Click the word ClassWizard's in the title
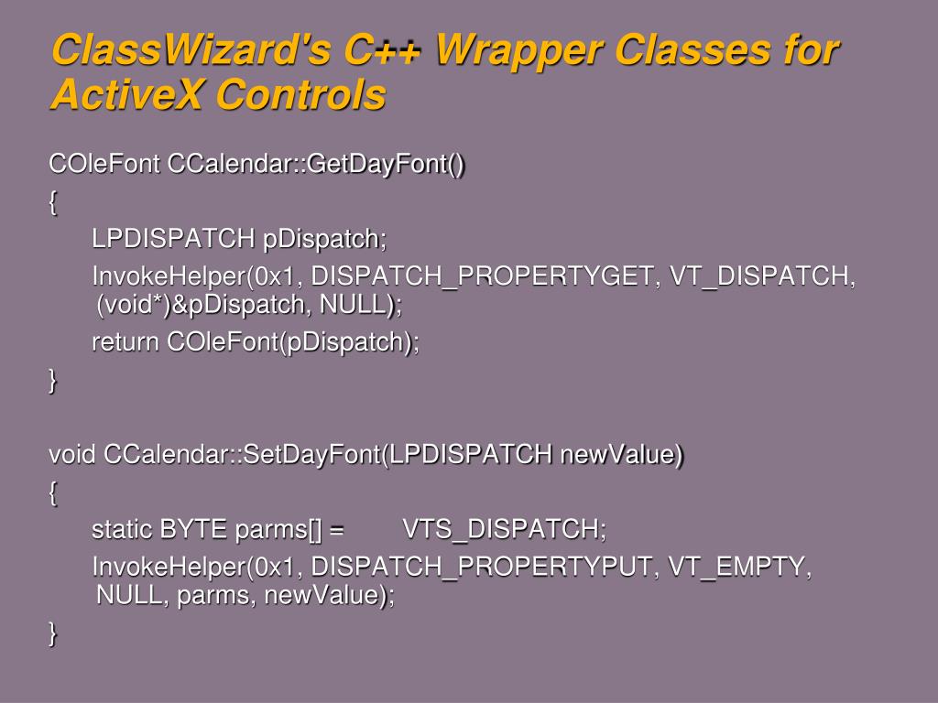(x=191, y=50)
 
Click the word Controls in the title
(x=300, y=94)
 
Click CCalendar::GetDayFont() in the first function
(x=316, y=164)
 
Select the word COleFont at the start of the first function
(x=104, y=163)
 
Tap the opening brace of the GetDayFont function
(x=53, y=202)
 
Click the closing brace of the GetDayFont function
(x=53, y=380)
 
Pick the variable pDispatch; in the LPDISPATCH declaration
(x=325, y=239)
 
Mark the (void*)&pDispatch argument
(x=204, y=305)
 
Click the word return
(x=125, y=342)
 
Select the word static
(x=122, y=530)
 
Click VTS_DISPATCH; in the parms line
(x=505, y=530)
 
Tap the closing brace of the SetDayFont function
(x=53, y=633)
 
